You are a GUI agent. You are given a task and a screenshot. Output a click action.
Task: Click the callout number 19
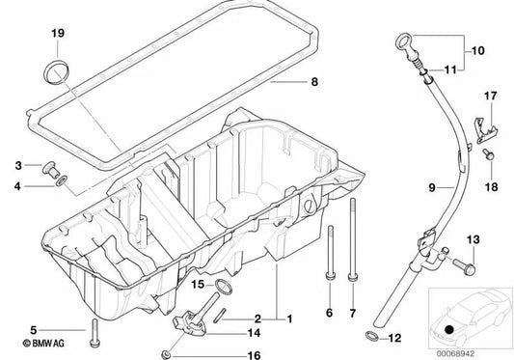pyautogui.click(x=57, y=35)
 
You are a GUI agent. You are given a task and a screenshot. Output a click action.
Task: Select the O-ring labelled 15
pyautogui.click(x=224, y=285)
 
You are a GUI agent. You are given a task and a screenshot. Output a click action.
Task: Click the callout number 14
pyautogui.click(x=255, y=305)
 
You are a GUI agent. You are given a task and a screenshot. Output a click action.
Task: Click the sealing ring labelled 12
pyautogui.click(x=371, y=336)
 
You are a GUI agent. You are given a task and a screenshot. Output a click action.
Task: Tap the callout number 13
pyautogui.click(x=473, y=239)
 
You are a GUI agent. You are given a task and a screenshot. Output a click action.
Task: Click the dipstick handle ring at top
pyautogui.click(x=404, y=42)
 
